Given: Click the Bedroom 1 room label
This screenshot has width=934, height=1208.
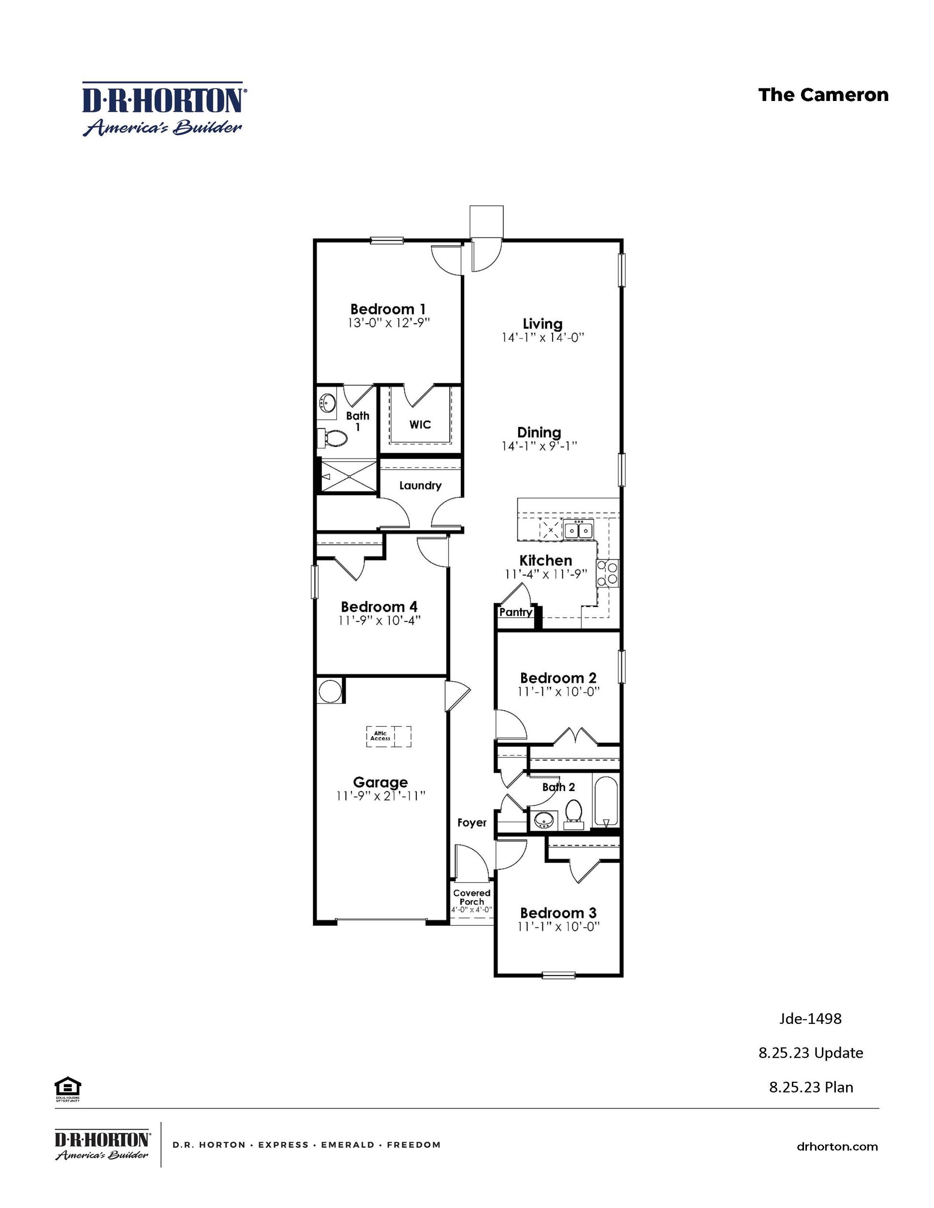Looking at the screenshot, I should pos(388,309).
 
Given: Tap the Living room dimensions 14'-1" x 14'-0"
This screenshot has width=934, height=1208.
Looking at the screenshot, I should pos(543,337).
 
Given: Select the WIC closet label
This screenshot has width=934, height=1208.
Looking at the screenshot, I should pos(420,425).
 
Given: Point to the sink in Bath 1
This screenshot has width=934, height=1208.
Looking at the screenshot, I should pos(328,402).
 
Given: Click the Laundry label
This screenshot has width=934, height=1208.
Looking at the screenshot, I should pos(420,486).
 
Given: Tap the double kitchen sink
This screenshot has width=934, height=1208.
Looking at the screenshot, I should pos(578,531).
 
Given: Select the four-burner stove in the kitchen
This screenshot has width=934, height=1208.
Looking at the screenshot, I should pos(607,573).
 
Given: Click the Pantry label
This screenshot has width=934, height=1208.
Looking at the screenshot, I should pos(515,612).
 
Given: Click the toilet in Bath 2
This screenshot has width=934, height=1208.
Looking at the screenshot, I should pos(574,813).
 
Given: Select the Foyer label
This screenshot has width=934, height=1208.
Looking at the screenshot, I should pos(471,822).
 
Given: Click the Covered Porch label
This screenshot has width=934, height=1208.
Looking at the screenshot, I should pos(471,897).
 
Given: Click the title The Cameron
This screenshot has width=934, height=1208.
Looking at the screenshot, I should pos(823,95).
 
